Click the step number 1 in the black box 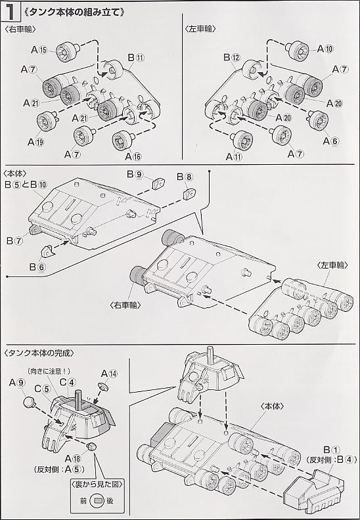(10, 12)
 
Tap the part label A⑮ (40, 50)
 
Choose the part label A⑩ (325, 49)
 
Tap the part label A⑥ (330, 141)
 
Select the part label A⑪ (234, 157)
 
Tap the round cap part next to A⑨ (29, 402)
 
